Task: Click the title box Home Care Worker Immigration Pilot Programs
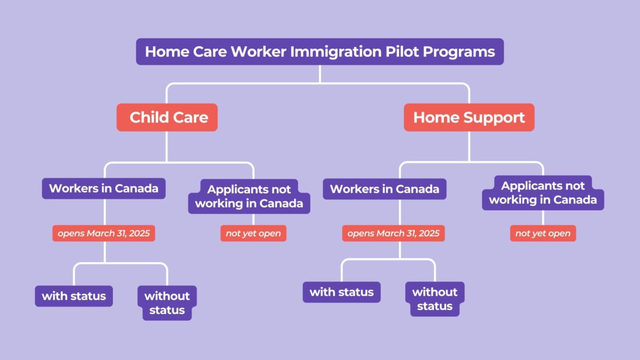pyautogui.click(x=319, y=52)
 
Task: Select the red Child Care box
pyautogui.click(x=167, y=117)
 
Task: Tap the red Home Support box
pyautogui.click(x=469, y=117)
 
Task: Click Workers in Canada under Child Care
pyautogui.click(x=103, y=188)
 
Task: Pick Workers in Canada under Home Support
pyautogui.click(x=385, y=189)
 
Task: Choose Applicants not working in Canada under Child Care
pyautogui.click(x=249, y=196)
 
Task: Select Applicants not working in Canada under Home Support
pyautogui.click(x=543, y=193)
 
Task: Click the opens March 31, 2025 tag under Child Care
pyautogui.click(x=103, y=234)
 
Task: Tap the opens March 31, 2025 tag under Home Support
pyautogui.click(x=394, y=233)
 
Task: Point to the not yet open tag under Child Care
pyautogui.click(x=253, y=234)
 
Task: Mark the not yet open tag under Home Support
pyautogui.click(x=543, y=234)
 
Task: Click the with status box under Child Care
pyautogui.click(x=74, y=295)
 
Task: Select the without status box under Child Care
pyautogui.click(x=167, y=303)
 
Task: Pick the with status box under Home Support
pyautogui.click(x=341, y=292)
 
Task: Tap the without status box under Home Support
pyautogui.click(x=435, y=299)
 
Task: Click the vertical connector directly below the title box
pyautogui.click(x=319, y=74)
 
